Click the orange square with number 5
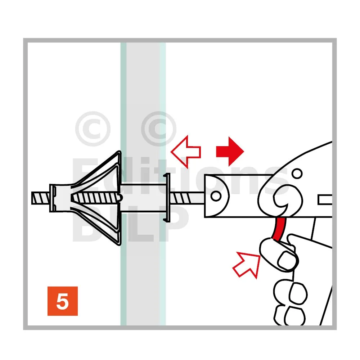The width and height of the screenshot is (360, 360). point(62,301)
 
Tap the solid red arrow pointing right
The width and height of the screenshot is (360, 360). point(230,152)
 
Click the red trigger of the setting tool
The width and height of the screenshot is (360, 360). point(279,229)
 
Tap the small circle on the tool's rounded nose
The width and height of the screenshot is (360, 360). point(216,196)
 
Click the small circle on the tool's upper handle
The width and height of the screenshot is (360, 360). point(298,174)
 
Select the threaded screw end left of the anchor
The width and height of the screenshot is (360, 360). point(41,198)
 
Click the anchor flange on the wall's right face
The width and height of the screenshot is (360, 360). point(167,198)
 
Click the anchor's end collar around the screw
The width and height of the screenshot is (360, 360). point(60,198)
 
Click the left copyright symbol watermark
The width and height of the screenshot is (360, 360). point(93,129)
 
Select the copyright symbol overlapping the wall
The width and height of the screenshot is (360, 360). point(159,129)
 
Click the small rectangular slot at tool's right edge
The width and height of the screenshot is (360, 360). point(325,200)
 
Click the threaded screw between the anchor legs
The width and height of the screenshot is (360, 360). point(96,198)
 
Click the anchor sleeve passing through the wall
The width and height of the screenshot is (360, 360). point(142,198)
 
